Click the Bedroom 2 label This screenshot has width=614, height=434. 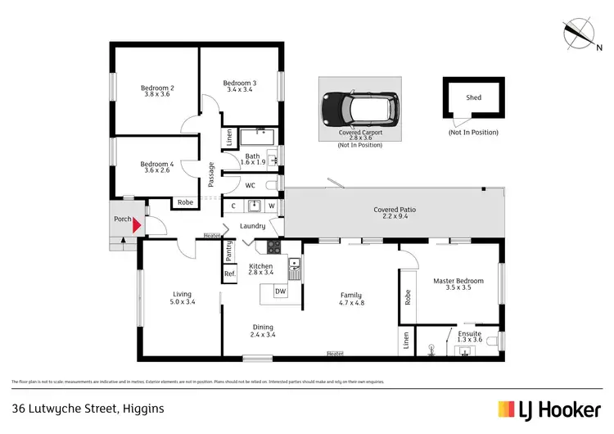pyautogui.click(x=157, y=88)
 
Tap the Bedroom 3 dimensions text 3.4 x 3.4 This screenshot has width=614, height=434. pyautogui.click(x=240, y=90)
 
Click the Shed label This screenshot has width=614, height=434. pyautogui.click(x=473, y=97)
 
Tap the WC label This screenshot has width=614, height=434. pyautogui.click(x=251, y=185)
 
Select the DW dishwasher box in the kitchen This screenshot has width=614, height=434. pyautogui.click(x=280, y=291)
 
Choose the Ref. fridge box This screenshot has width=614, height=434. pyautogui.click(x=230, y=274)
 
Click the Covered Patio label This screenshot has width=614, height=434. pyautogui.click(x=395, y=210)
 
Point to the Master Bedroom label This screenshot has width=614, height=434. pyautogui.click(x=458, y=281)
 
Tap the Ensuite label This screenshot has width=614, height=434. pyautogui.click(x=469, y=333)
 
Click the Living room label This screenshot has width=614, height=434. pyautogui.click(x=182, y=295)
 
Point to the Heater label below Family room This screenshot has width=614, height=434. pyautogui.click(x=335, y=354)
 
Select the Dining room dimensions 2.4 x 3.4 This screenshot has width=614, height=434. pyautogui.click(x=263, y=334)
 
